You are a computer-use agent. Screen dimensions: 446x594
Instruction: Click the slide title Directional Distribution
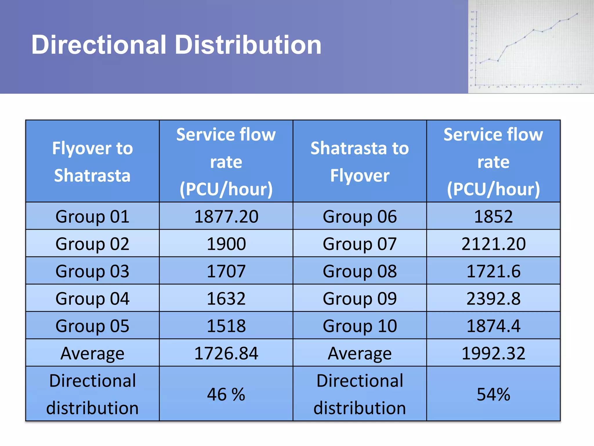[x=176, y=45]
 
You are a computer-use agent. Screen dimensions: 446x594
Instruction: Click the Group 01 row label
[x=92, y=216]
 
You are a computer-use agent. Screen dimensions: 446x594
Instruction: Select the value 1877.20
[x=226, y=216]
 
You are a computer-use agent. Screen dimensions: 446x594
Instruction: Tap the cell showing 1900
[x=226, y=244]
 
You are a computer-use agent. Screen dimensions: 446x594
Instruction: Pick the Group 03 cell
[x=92, y=271]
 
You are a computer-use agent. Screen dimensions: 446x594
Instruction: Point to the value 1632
[x=226, y=298]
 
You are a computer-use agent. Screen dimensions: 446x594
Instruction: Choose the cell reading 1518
[x=226, y=325]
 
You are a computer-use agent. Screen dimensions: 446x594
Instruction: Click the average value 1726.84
[x=226, y=353]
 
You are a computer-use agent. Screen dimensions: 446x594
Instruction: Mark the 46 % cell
[x=226, y=394]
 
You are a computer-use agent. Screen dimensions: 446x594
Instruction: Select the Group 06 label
[x=360, y=216]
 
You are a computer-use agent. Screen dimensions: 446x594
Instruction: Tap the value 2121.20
[x=493, y=244]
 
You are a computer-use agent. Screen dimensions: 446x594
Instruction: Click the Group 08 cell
[x=360, y=271]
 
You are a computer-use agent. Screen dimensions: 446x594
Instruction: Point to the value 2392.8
[x=493, y=298]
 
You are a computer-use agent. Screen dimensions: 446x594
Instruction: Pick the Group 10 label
[x=360, y=325]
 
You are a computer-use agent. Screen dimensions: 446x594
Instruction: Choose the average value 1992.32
[x=493, y=353]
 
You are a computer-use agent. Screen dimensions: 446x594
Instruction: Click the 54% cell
[x=493, y=394]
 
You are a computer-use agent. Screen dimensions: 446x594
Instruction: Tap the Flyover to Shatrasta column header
[x=92, y=161]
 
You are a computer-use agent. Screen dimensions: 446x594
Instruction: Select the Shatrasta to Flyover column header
[x=360, y=161]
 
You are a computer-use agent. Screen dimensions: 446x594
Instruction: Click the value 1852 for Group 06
[x=493, y=216]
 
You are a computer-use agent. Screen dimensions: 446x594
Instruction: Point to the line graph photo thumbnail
[x=531, y=47]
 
